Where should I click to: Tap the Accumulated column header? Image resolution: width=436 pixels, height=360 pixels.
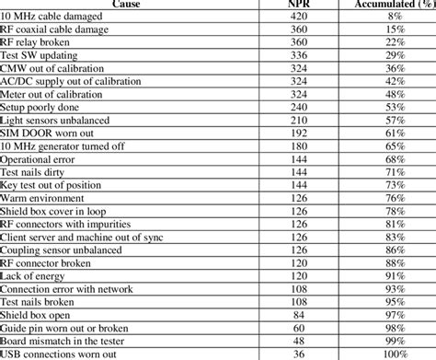(x=394, y=5)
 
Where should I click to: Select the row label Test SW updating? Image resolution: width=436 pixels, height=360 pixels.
(x=41, y=55)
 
